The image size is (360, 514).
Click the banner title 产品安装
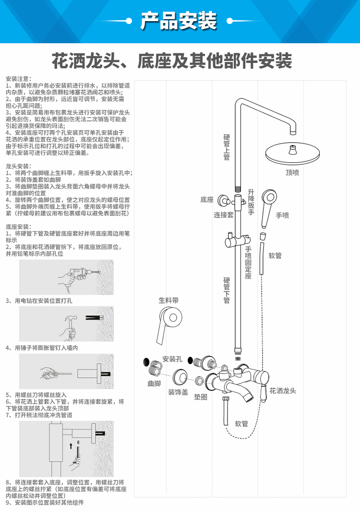[x=179, y=21]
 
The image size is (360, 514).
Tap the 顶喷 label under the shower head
[x=292, y=172]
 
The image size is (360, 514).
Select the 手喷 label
[x=282, y=215]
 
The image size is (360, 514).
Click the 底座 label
[x=207, y=200]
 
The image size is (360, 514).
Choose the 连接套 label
[x=224, y=215]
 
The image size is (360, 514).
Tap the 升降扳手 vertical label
[x=251, y=202]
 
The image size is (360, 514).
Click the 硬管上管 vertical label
[x=227, y=147]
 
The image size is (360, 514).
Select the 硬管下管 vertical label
[x=227, y=291]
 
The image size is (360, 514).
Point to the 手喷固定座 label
[x=248, y=263]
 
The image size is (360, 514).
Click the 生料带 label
[x=168, y=300]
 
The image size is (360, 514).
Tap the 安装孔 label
[x=172, y=359]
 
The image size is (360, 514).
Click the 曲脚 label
[x=154, y=383]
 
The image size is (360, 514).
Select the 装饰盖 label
[x=178, y=392]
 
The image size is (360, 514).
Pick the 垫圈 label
[x=201, y=397]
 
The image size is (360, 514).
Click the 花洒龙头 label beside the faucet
[x=283, y=391]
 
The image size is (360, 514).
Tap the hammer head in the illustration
[x=71, y=318]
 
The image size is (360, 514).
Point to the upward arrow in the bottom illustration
[x=71, y=446]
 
